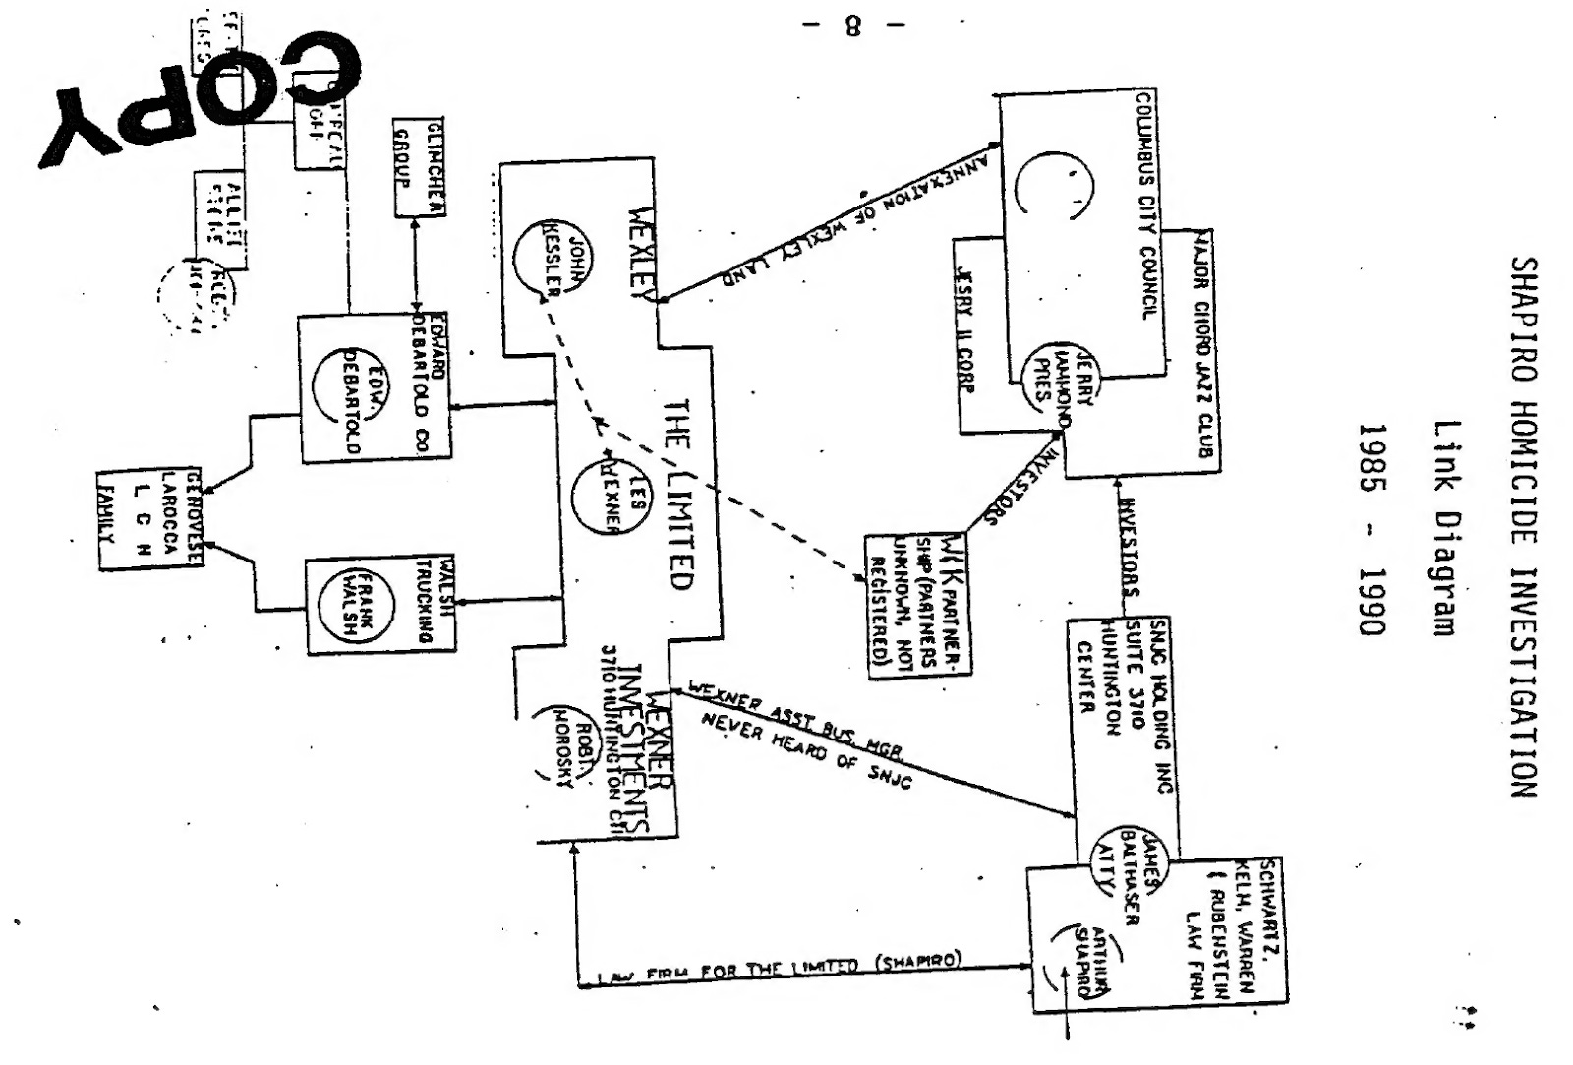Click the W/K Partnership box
[916, 606]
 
